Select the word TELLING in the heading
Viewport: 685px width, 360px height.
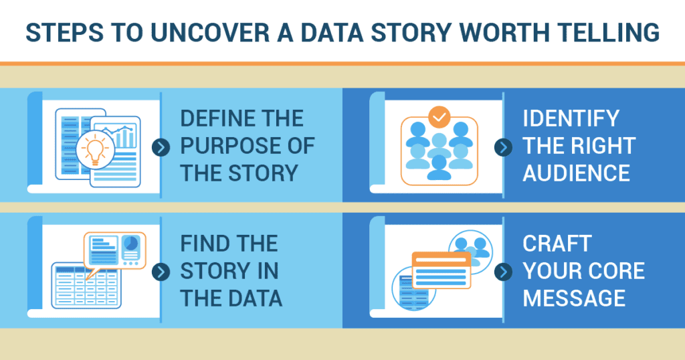(611, 32)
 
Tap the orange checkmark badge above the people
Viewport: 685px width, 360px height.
(439, 117)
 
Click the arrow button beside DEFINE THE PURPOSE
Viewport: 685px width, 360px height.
(161, 148)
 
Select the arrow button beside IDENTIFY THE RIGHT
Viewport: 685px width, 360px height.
(503, 148)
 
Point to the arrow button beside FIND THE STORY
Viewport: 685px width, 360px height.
(161, 272)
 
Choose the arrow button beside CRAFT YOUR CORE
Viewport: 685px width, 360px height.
(503, 272)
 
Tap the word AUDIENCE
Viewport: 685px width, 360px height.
(576, 173)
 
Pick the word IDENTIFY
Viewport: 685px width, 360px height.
(571, 118)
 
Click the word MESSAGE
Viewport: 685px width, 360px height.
(574, 298)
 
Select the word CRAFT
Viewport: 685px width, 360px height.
(557, 244)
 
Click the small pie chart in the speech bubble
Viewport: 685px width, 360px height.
(130, 244)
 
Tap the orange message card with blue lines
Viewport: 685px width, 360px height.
(442, 270)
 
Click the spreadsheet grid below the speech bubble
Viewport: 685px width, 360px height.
(86, 285)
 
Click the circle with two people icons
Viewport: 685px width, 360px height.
(471, 252)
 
